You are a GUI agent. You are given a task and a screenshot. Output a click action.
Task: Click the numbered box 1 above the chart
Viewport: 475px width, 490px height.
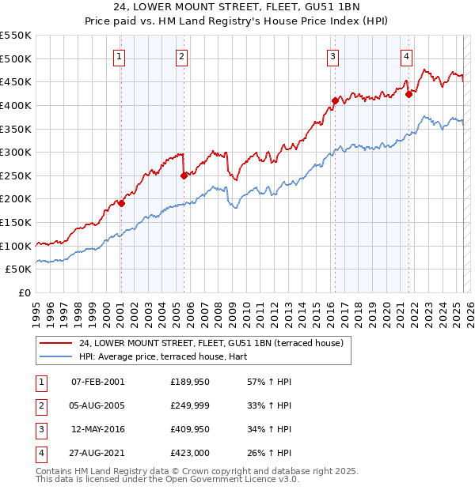point(119,56)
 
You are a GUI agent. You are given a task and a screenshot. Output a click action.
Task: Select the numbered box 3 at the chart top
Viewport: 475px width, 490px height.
point(332,56)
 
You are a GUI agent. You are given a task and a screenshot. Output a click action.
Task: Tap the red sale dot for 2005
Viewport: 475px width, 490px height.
point(184,175)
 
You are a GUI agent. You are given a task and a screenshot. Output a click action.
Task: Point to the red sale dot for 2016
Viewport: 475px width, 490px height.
point(335,100)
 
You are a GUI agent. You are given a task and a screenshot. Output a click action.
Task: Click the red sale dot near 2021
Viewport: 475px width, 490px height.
point(409,94)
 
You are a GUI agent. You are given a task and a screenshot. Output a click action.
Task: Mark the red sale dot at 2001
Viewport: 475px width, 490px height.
point(121,203)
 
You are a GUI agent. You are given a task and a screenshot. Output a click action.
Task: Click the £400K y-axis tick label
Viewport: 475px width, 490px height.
point(16,105)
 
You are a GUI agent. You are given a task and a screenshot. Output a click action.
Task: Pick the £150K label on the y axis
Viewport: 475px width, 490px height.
point(16,222)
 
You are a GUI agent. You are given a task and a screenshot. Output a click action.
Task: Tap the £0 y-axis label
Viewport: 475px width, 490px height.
point(24,292)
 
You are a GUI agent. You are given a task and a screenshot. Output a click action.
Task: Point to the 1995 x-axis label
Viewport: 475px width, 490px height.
point(36,312)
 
